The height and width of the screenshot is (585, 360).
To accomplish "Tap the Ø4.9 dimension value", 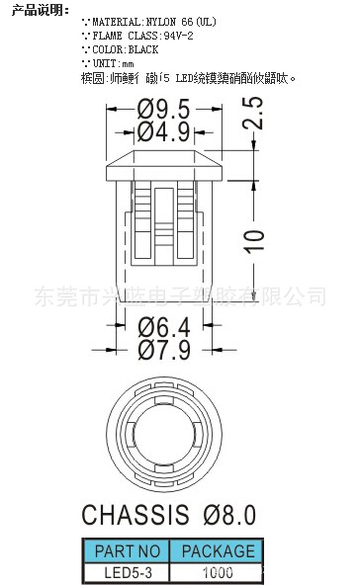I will coord(162,130).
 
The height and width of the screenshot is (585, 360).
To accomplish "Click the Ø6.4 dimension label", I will coord(163,326).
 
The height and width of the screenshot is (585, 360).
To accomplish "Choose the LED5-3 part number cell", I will coord(125,570).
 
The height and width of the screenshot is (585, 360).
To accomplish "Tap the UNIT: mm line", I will coord(109,62).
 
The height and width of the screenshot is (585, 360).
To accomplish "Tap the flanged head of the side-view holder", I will coord(163,161).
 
